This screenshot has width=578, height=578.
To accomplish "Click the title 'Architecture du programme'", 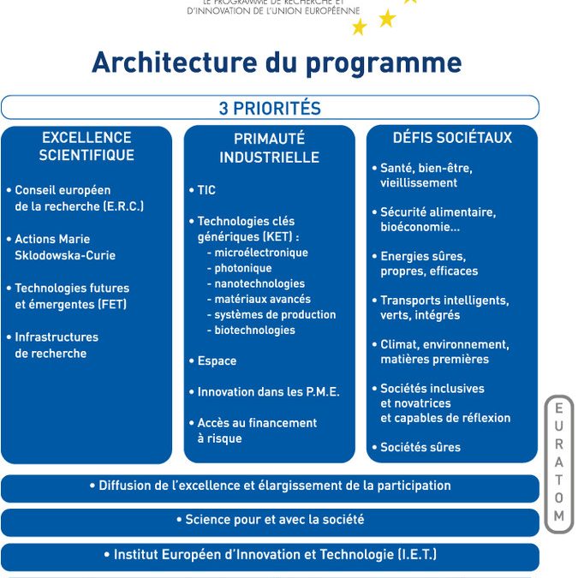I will (277, 63).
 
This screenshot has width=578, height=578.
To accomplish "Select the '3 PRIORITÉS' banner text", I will (270, 109).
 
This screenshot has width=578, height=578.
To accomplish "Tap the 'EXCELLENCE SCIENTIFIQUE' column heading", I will (86, 146).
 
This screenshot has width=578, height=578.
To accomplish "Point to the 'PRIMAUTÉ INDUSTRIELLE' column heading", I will (269, 148).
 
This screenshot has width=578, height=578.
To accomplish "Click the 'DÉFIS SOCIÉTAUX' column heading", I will (452, 138).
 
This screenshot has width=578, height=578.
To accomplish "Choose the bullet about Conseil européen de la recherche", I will (78, 198).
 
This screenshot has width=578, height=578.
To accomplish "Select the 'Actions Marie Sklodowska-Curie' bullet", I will (64, 247).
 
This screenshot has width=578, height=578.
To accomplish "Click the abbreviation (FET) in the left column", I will (111, 304).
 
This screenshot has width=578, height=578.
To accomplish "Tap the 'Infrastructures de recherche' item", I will (56, 345).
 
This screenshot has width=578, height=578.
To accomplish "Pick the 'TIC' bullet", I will (206, 190).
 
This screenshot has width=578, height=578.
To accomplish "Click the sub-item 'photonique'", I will (242, 268).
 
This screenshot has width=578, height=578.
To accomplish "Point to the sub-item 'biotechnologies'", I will (254, 330).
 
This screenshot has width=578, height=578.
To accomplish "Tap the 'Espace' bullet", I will (216, 361).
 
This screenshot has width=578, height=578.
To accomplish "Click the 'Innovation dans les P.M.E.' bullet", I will (267, 391).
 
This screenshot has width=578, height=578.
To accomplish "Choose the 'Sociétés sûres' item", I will (420, 447).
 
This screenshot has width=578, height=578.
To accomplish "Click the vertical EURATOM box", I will (558, 463).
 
